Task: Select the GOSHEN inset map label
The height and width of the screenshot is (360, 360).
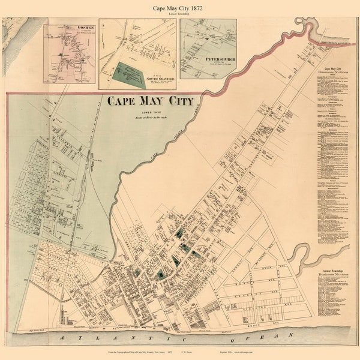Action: [x=70, y=28]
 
